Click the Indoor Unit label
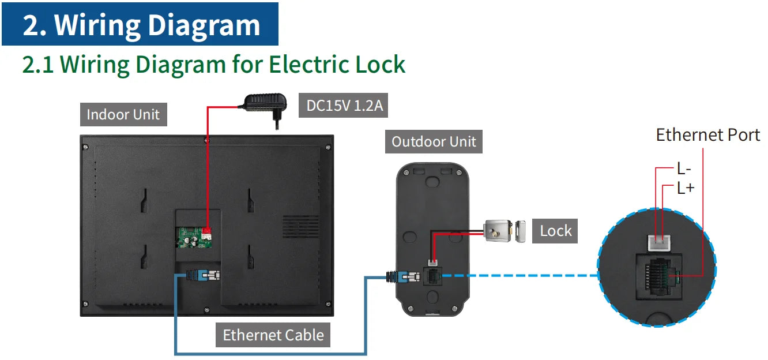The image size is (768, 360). [123, 114]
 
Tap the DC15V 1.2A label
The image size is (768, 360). [343, 105]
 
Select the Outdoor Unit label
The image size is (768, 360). [434, 141]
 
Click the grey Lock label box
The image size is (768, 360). [555, 231]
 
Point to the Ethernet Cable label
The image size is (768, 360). [273, 335]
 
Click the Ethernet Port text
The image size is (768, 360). [707, 135]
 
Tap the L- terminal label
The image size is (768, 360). [684, 168]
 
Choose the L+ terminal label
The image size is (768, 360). [686, 187]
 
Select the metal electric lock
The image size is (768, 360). [505, 231]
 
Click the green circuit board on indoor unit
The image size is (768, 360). [194, 237]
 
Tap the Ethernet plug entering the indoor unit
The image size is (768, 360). [204, 275]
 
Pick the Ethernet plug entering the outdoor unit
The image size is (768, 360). [403, 276]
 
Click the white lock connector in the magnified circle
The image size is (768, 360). [659, 243]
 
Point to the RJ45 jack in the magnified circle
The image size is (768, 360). [658, 277]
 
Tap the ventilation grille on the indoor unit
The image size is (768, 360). [301, 226]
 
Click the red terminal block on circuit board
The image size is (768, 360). [206, 233]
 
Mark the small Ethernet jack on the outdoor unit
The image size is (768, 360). [432, 276]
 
